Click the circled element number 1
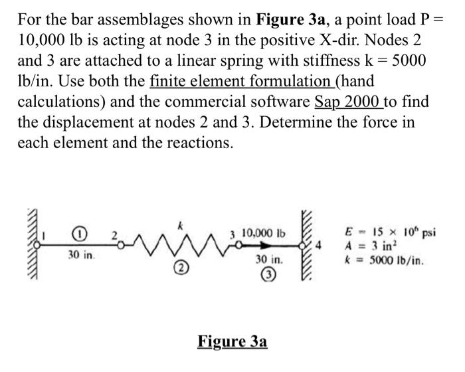pyautogui.click(x=79, y=234)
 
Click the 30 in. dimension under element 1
pyautogui.click(x=78, y=254)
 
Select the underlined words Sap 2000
pyautogui.click(x=345, y=102)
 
